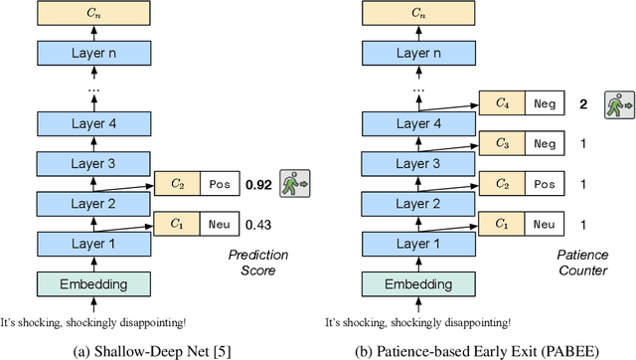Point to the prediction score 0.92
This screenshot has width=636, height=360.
(x=259, y=185)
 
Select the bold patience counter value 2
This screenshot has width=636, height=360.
(x=583, y=102)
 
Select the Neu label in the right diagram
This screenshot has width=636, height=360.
(x=544, y=225)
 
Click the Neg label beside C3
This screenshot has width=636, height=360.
(x=544, y=143)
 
